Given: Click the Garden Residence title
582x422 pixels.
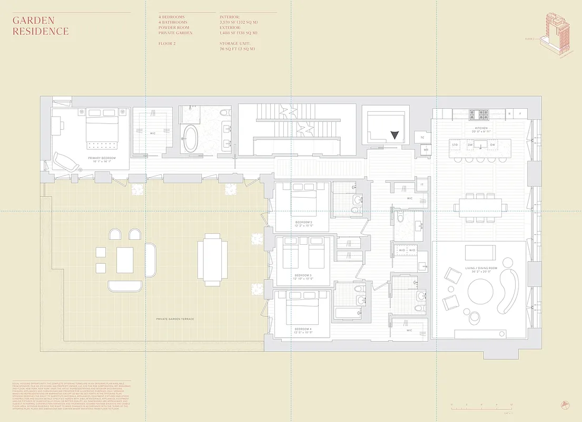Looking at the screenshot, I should [x=41, y=26].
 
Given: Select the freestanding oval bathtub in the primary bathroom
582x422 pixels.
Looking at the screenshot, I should [x=190, y=138].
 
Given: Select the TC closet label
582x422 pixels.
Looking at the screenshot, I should [x=422, y=138].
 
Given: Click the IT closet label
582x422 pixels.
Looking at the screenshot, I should [x=422, y=185].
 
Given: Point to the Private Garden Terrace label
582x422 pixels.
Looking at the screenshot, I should [x=175, y=319].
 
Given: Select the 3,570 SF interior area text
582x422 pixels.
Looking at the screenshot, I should [x=239, y=22].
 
